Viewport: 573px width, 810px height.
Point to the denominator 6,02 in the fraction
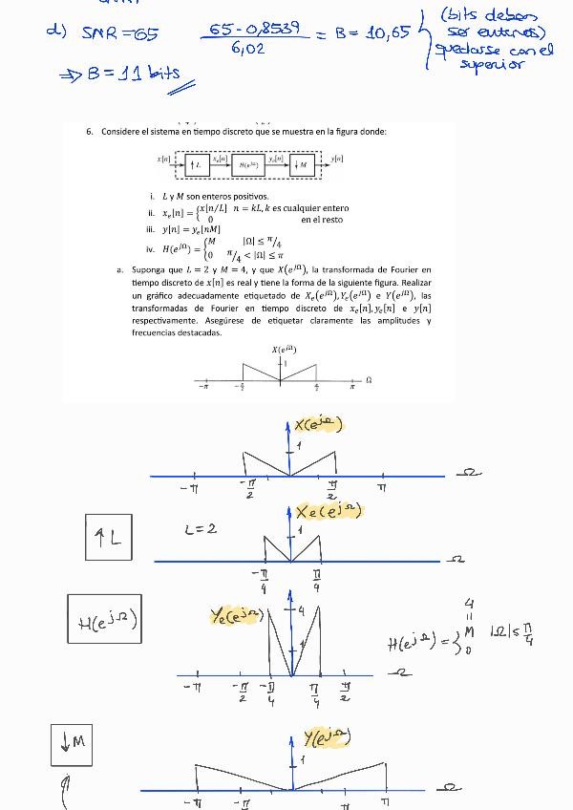pyautogui.click(x=247, y=50)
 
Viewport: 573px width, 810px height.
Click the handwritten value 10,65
pyautogui.click(x=388, y=33)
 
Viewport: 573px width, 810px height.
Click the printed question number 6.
pyautogui.click(x=90, y=131)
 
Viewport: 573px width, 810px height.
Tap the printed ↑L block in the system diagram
pyautogui.click(x=195, y=164)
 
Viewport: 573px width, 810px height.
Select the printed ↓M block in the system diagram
pyautogui.click(x=303, y=164)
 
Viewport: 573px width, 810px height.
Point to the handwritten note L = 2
pyautogui.click(x=201, y=528)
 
